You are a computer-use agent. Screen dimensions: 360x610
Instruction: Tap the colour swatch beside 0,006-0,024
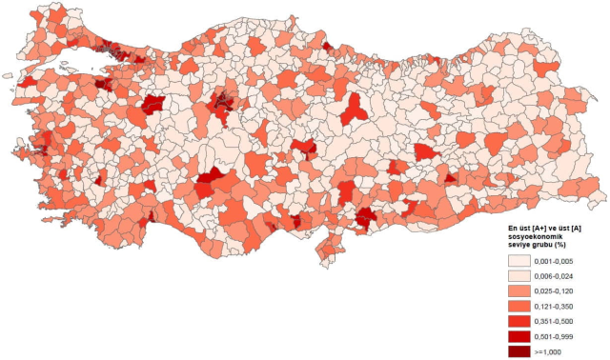tap(519, 274)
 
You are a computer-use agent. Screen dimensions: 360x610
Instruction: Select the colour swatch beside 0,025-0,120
tap(519, 288)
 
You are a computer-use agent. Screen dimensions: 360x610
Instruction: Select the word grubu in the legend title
tap(544, 245)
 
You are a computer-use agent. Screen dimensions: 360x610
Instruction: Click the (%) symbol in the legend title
tap(564, 245)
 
